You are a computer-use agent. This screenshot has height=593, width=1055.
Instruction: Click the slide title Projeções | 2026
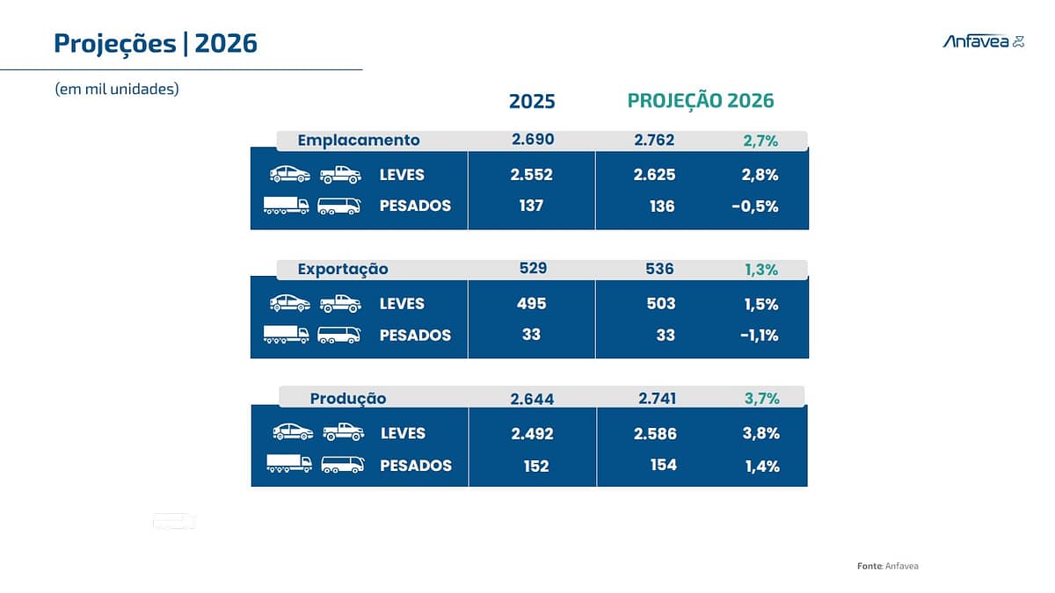(x=156, y=43)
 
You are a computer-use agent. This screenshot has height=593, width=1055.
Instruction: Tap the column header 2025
(x=532, y=101)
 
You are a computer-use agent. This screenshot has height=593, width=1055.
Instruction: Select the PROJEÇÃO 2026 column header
(x=701, y=101)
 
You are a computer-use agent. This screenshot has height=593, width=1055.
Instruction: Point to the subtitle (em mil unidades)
(x=117, y=89)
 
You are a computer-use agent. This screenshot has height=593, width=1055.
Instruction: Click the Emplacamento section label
(x=359, y=141)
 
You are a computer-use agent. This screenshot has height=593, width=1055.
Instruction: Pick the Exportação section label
(x=343, y=269)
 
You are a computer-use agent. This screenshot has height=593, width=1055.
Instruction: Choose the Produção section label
(x=348, y=399)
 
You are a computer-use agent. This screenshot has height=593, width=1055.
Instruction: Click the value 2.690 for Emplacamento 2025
(x=533, y=140)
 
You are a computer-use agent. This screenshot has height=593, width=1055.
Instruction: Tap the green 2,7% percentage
(x=760, y=141)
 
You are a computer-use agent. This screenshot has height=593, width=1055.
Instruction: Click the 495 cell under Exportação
(x=532, y=304)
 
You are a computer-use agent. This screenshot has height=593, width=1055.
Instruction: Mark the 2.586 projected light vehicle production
(x=655, y=434)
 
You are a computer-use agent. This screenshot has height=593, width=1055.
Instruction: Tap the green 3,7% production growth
(x=761, y=399)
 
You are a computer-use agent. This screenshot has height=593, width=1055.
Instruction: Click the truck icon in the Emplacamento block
(x=287, y=206)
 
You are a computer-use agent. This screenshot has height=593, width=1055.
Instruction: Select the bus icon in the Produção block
(x=343, y=465)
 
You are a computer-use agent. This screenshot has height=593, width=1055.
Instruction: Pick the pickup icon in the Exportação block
(x=340, y=304)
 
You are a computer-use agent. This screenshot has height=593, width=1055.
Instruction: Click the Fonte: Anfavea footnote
(x=887, y=566)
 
